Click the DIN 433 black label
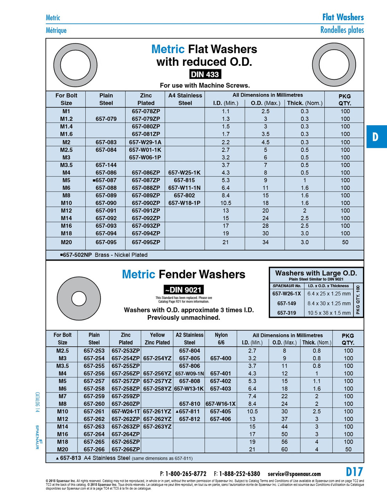point(205,74)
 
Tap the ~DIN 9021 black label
point(184,290)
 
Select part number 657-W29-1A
point(145,142)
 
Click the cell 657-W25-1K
point(184,173)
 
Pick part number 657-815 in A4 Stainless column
point(184,180)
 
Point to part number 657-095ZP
point(146,242)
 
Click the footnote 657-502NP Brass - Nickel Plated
point(104,255)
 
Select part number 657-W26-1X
point(286,294)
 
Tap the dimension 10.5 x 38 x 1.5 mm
point(329,313)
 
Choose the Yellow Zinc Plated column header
point(157,339)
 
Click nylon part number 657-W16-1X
point(221,404)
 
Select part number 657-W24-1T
point(126,411)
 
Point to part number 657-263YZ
point(157,427)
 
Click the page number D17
point(354,472)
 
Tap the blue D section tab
point(376,137)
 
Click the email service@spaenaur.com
point(294,474)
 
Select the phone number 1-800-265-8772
point(185,474)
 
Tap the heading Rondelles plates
point(342,30)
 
